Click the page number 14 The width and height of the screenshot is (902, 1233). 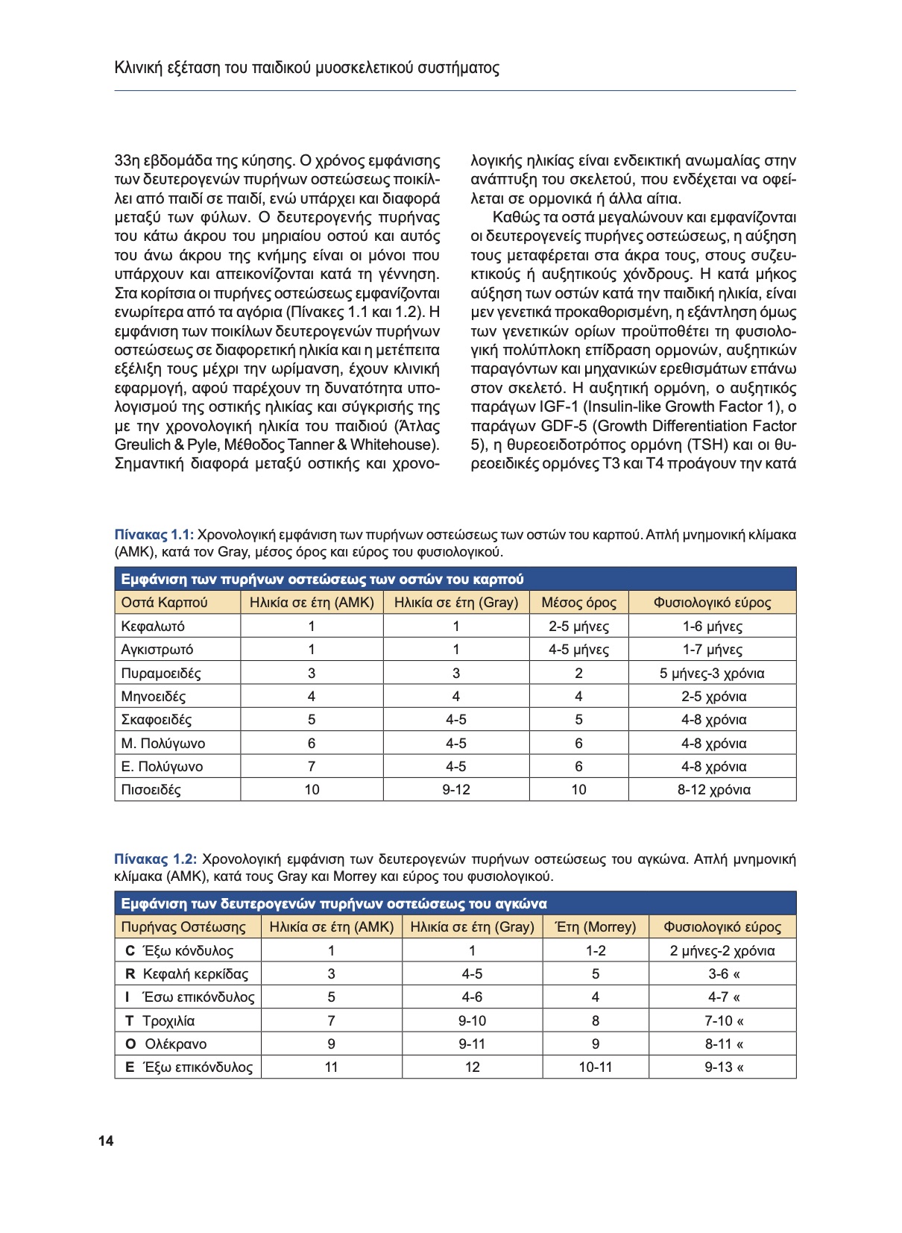pos(106,1141)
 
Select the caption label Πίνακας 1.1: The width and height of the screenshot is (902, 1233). pos(154,535)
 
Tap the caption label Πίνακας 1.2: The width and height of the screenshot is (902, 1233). pos(156,859)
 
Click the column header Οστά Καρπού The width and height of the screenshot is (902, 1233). pos(164,603)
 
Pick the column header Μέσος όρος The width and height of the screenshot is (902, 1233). pos(578,603)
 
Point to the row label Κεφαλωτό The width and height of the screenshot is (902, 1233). pos(153,627)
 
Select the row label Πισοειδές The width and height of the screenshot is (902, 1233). pos(151,790)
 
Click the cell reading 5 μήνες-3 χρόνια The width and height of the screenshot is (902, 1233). pos(712,674)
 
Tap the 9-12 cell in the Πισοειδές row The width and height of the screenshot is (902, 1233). pos(456,790)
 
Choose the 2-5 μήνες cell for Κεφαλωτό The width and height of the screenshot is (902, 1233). pos(578,627)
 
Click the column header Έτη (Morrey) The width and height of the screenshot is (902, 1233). pos(596,927)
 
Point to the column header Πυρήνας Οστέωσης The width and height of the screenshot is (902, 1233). pos(183,927)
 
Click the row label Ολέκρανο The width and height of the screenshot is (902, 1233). pos(176,1044)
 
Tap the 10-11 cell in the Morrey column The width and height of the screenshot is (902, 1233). pos(596,1067)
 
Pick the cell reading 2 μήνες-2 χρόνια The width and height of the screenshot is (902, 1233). pos(722,951)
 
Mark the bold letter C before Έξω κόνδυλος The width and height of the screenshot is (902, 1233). pos(130,951)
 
